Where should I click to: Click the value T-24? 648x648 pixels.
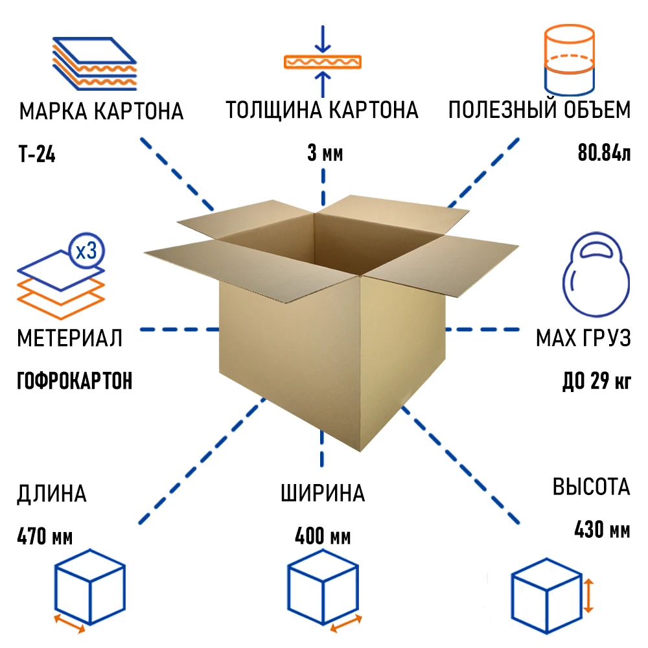click(38, 154)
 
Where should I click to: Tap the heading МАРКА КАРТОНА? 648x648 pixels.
click(101, 111)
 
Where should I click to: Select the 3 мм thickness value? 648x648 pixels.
click(324, 154)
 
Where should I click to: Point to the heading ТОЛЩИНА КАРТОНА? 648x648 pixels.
click(322, 110)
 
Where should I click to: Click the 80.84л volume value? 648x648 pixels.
click(604, 154)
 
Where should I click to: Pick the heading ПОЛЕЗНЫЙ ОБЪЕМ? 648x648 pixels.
click(539, 110)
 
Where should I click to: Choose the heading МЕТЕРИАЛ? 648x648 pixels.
click(69, 338)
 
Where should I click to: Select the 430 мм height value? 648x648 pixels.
click(602, 531)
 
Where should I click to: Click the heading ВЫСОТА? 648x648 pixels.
click(591, 487)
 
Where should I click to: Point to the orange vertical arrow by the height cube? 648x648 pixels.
click(588, 596)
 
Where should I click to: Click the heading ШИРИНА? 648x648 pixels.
click(323, 494)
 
